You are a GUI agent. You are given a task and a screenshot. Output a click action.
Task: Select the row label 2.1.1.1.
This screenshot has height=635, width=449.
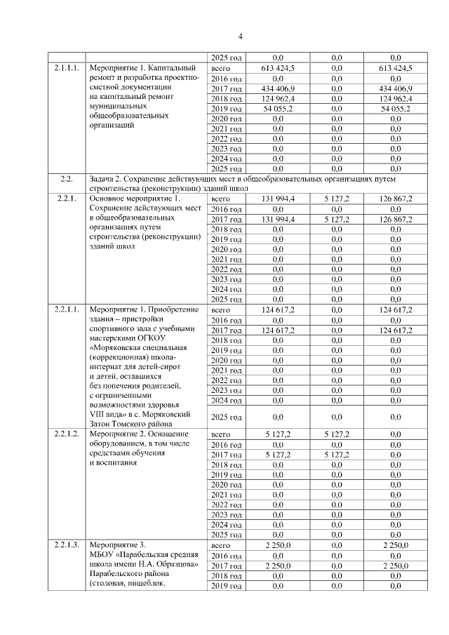pyautogui.click(x=68, y=68)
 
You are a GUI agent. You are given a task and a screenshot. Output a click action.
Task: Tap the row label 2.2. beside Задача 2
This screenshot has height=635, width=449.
pyautogui.click(x=68, y=180)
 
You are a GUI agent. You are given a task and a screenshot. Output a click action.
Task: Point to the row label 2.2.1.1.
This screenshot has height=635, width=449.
pyautogui.click(x=68, y=309)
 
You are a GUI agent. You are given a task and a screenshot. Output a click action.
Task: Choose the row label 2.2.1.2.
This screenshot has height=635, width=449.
pyautogui.click(x=68, y=434)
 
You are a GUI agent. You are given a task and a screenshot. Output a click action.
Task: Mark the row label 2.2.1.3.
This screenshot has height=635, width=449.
pyautogui.click(x=68, y=545)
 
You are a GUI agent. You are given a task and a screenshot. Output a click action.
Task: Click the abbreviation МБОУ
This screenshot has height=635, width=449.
pyautogui.click(x=102, y=556)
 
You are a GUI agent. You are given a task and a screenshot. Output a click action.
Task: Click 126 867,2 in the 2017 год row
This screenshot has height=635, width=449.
pyautogui.click(x=395, y=219)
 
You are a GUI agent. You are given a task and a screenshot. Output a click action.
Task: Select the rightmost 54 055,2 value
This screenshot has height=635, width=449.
pyautogui.click(x=395, y=109)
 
